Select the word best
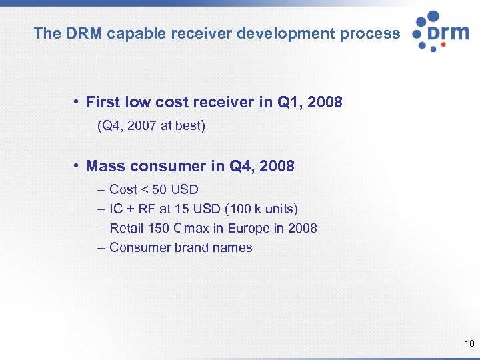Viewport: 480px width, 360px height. [x=190, y=125]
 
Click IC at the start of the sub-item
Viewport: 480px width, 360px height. [x=116, y=209]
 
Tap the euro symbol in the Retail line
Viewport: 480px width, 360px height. [x=176, y=228]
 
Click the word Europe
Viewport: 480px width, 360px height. [x=249, y=228]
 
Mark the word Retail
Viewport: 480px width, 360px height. [x=127, y=228]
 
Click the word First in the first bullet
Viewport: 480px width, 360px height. [x=103, y=102]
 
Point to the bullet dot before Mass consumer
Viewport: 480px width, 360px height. [x=78, y=166]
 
